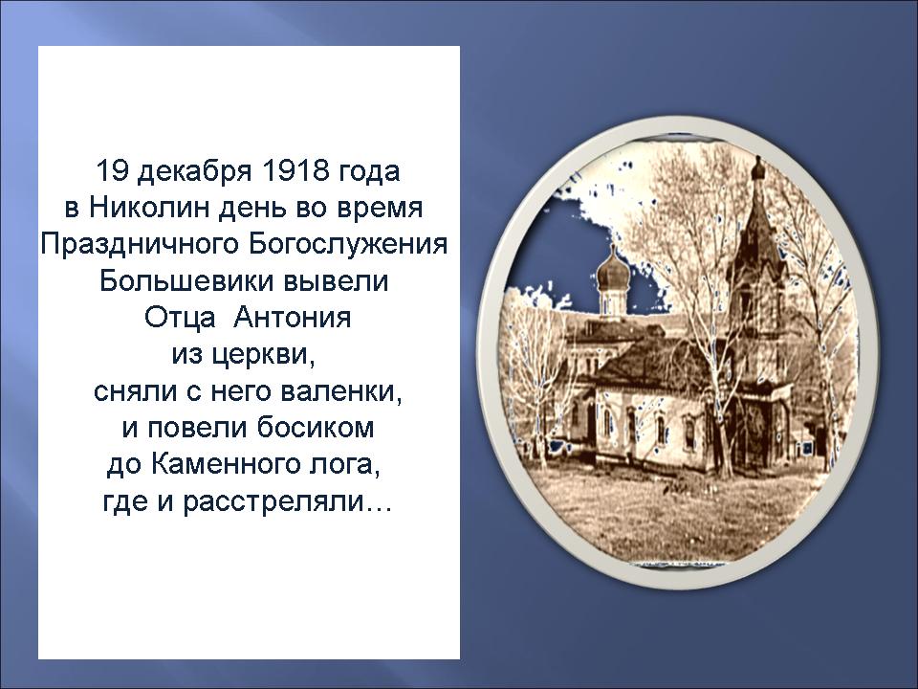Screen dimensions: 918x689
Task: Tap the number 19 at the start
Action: tap(111, 171)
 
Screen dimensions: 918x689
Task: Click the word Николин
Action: tap(148, 208)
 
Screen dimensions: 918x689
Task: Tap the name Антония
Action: tap(293, 318)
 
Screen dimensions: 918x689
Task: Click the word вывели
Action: tap(336, 281)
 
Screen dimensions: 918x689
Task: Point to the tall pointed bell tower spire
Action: tap(757, 226)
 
